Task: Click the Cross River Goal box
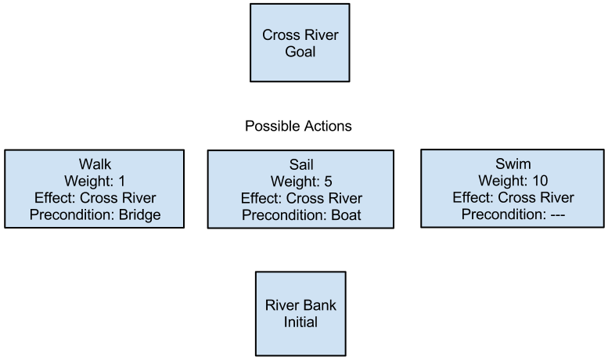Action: tap(300, 43)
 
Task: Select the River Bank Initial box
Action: tap(300, 313)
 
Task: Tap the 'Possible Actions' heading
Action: tap(298, 126)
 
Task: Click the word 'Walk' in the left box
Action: tap(95, 164)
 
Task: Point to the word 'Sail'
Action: tap(300, 165)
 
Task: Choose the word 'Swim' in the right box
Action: tap(513, 164)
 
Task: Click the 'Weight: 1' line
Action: tap(95, 181)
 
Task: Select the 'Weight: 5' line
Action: tap(300, 182)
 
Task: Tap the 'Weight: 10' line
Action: tap(513, 181)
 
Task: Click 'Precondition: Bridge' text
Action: tap(95, 214)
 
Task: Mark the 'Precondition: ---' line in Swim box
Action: tap(513, 214)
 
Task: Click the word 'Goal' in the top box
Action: tap(300, 52)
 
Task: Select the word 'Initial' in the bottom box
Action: tap(300, 322)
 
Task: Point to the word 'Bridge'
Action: tap(139, 214)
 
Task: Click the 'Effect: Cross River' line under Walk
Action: tap(95, 198)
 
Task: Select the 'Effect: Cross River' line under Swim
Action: tap(513, 197)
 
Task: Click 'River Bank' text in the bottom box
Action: tap(300, 304)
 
